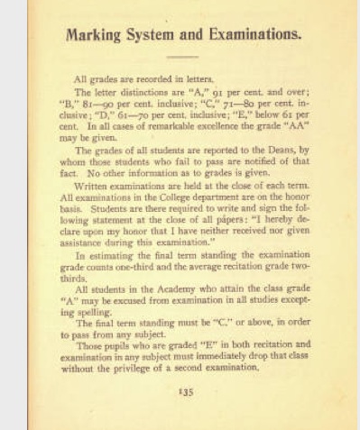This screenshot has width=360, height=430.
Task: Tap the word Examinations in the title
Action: tap(246, 35)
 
